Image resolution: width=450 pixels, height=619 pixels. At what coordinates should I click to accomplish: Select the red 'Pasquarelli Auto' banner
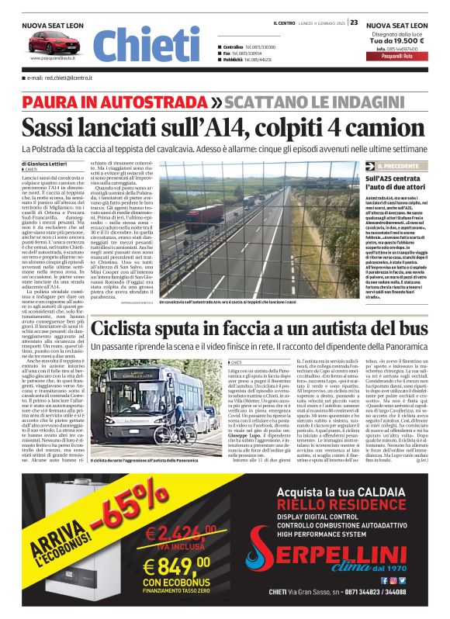point(402,57)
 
